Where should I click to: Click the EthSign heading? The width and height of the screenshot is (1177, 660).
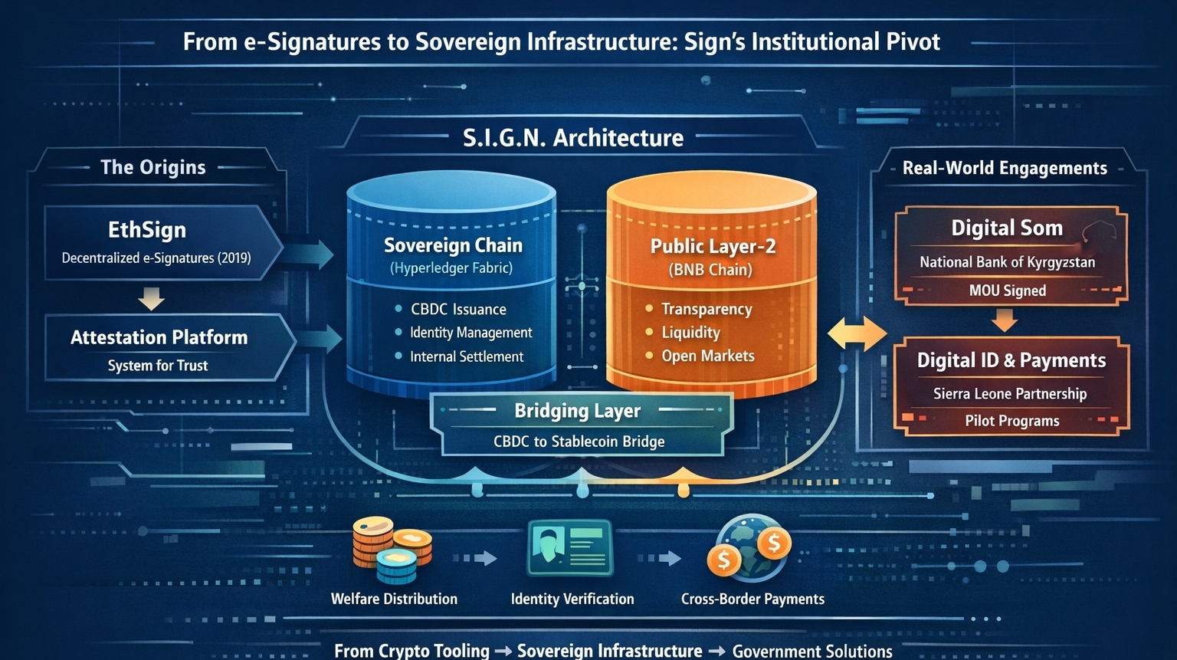[x=147, y=230]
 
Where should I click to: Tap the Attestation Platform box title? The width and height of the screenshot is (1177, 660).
[x=159, y=337]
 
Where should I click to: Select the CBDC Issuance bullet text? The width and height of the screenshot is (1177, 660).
[x=458, y=310]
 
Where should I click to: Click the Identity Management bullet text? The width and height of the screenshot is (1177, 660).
[x=470, y=333]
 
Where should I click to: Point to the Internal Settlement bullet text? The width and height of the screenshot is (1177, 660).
[x=467, y=356]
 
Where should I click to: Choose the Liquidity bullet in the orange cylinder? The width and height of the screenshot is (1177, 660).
[x=690, y=333]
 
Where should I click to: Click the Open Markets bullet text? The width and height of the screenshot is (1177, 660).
[x=708, y=356]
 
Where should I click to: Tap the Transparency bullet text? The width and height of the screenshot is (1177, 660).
[x=707, y=309]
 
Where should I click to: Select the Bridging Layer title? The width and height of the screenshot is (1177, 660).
[x=577, y=411]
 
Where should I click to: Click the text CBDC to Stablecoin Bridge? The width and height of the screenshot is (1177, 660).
[x=579, y=442]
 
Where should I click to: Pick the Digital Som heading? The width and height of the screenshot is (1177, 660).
[x=1007, y=228]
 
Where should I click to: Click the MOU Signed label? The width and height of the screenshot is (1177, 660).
[x=1007, y=291]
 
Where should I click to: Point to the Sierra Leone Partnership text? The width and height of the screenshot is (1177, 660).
[x=1010, y=394]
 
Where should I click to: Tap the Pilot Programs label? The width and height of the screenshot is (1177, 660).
[x=1011, y=421]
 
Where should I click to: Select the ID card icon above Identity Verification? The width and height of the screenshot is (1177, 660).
[x=570, y=547]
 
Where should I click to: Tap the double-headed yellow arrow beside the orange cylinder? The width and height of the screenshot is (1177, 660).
[x=857, y=334]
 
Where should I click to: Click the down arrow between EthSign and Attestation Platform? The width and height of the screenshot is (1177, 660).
[x=151, y=298]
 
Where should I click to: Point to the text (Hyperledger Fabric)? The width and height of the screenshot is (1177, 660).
[x=451, y=268]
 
